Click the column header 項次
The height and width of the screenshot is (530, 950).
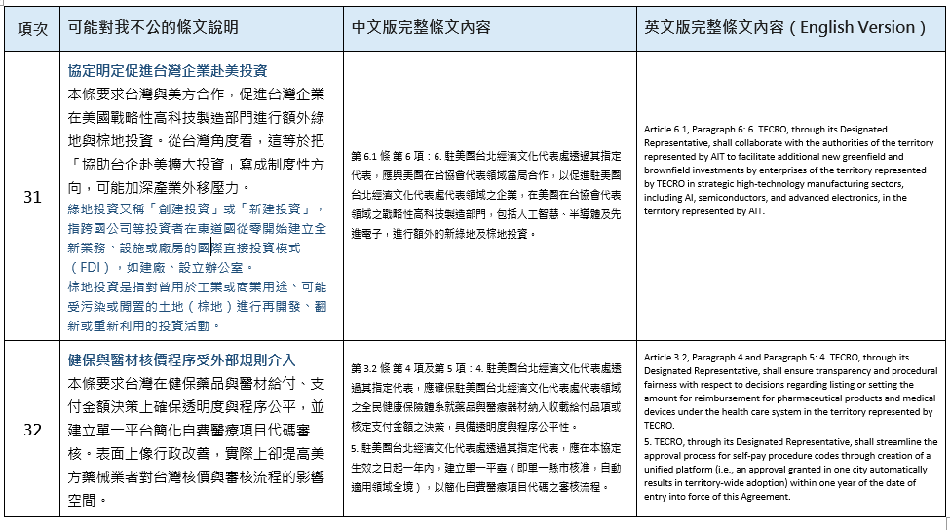pyautogui.click(x=32, y=27)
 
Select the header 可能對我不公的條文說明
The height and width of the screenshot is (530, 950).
pyautogui.click(x=153, y=27)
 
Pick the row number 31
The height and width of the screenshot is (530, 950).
pyautogui.click(x=32, y=196)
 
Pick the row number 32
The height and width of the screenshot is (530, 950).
pyautogui.click(x=32, y=430)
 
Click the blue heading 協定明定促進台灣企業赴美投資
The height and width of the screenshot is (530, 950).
pyautogui.click(x=168, y=71)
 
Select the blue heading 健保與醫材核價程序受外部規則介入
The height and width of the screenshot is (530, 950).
pyautogui.click(x=181, y=360)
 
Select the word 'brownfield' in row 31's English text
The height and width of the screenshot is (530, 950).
pyautogui.click(x=668, y=170)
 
